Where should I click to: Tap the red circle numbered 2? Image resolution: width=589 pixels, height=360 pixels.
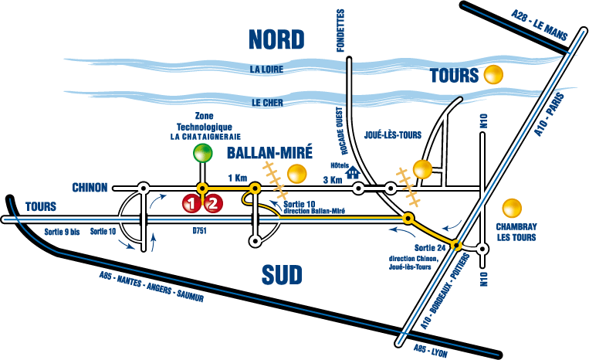(x=214, y=204)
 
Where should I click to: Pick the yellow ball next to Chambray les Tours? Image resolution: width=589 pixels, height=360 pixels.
(x=510, y=208)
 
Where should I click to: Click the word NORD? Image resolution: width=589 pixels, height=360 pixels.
(x=275, y=37)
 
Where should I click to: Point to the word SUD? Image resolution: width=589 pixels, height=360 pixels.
(x=279, y=274)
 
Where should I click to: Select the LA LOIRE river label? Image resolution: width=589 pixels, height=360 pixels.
(x=267, y=70)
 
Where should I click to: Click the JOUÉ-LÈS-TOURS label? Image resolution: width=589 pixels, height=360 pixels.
(x=394, y=135)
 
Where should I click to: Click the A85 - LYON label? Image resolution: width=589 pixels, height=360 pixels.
(x=432, y=348)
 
